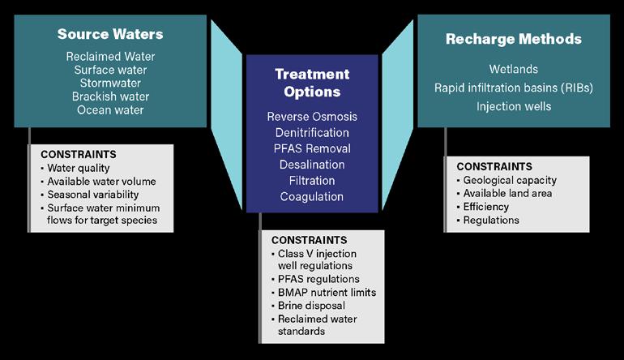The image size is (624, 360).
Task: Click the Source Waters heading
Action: coord(110,34)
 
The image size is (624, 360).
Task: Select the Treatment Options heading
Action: coord(312,83)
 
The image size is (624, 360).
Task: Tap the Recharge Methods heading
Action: coord(514,39)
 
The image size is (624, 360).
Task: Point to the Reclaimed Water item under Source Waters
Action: coord(110,57)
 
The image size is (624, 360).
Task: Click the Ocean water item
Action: coord(110,110)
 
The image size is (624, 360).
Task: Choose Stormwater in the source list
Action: coord(110,84)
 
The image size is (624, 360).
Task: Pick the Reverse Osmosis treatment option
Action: coord(312,117)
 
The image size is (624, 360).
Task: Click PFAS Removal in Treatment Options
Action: coord(312,148)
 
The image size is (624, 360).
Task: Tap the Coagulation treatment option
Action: coord(312,197)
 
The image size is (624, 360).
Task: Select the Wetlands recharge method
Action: coord(513,69)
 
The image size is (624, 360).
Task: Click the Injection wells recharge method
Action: coord(514,106)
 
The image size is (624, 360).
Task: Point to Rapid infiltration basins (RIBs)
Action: coord(514,88)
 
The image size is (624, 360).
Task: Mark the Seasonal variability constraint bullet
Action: coord(92,195)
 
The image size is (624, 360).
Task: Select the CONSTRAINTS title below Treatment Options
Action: coord(310,240)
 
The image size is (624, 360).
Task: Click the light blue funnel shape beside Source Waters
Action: coord(226,114)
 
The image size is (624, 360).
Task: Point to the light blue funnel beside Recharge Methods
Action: coord(398,114)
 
